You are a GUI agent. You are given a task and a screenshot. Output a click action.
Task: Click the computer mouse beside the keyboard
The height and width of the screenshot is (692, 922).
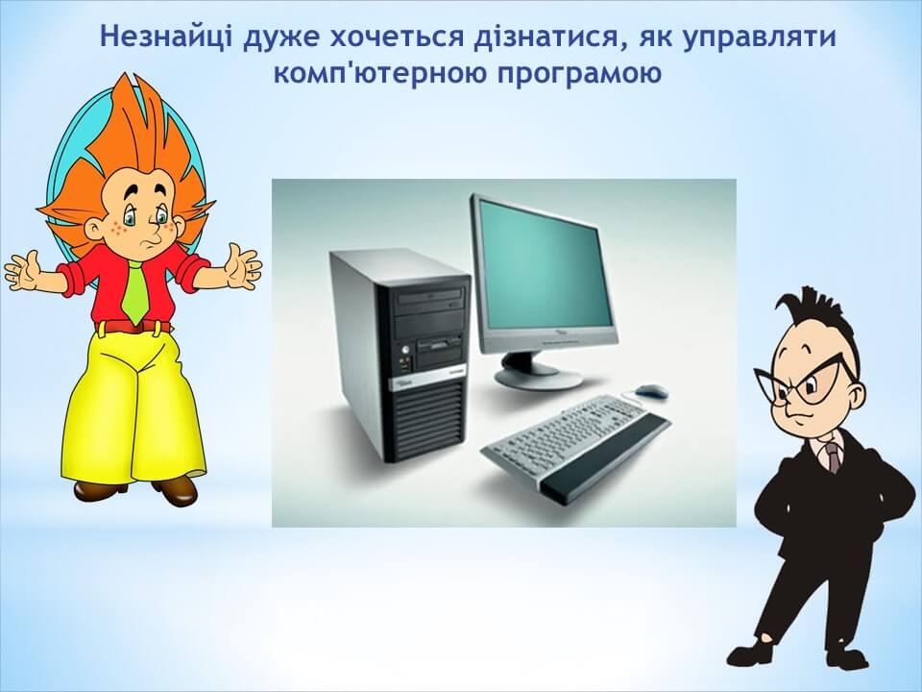click(651, 390)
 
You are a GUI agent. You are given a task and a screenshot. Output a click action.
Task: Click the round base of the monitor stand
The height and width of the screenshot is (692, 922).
click(538, 376)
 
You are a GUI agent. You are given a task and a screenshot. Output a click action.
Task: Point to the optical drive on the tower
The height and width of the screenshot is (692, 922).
click(429, 298)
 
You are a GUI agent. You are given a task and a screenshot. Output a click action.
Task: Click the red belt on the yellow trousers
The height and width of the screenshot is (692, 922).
click(133, 327)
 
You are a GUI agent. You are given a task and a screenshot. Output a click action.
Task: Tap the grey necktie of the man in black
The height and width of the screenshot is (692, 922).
click(833, 457)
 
